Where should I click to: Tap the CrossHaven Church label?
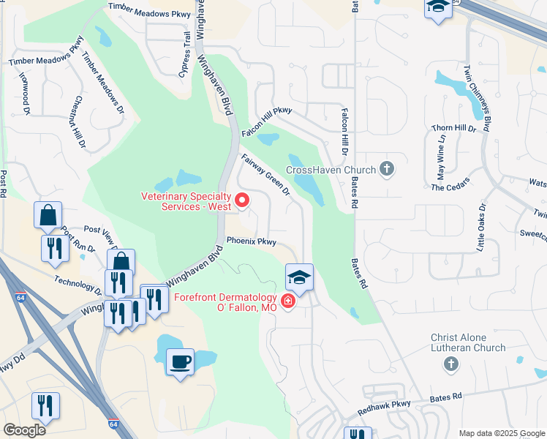tap(331, 170)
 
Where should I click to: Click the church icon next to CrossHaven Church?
tap(388, 170)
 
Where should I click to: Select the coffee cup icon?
tap(181, 361)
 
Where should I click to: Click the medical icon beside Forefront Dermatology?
tap(288, 301)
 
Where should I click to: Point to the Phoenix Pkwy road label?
tap(251, 240)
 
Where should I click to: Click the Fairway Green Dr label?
tap(265, 174)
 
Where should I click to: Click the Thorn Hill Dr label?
tap(453, 128)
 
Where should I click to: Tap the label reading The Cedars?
tap(448, 187)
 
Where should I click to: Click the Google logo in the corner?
tap(25, 430)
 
